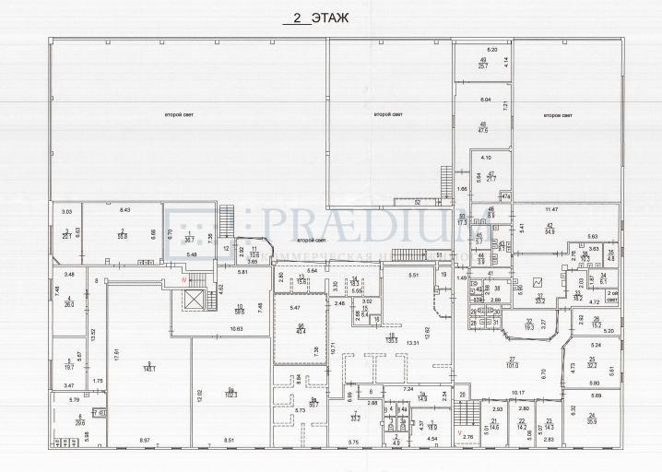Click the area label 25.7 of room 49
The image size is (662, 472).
(x=482, y=65)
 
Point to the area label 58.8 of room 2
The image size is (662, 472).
(x=123, y=235)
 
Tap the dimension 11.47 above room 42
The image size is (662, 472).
(x=551, y=210)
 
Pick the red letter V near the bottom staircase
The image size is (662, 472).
(x=460, y=431)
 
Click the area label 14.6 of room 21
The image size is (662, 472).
(x=494, y=427)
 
